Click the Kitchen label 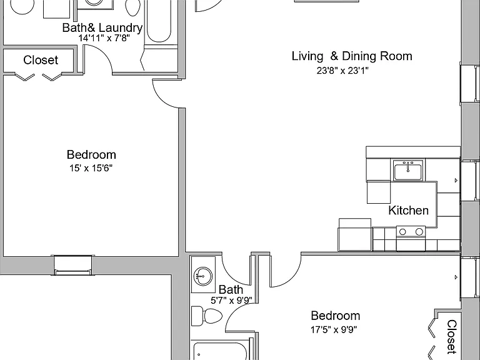pyautogui.click(x=408, y=211)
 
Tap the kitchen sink pyautogui.click(x=408, y=171)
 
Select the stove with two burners pyautogui.click(x=411, y=238)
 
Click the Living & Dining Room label pyautogui.click(x=352, y=56)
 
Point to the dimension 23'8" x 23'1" pyautogui.click(x=342, y=71)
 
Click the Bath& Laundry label pyautogui.click(x=102, y=28)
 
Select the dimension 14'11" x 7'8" pyautogui.click(x=104, y=38)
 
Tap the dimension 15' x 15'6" pyautogui.click(x=91, y=168)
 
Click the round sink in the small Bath pyautogui.click(x=203, y=276)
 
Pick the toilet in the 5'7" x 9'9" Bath pyautogui.click(x=206, y=316)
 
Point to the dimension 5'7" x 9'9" pyautogui.click(x=231, y=300)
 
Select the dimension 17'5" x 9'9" pyautogui.click(x=334, y=330)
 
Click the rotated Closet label pyautogui.click(x=452, y=337)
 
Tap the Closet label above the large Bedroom pyautogui.click(x=41, y=60)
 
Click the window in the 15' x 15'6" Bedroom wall pyautogui.click(x=72, y=265)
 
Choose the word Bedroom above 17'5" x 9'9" pyautogui.click(x=336, y=316)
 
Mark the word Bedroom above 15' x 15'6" pyautogui.click(x=91, y=154)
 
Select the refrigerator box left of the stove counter pyautogui.click(x=355, y=235)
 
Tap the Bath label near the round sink pyautogui.click(x=231, y=289)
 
